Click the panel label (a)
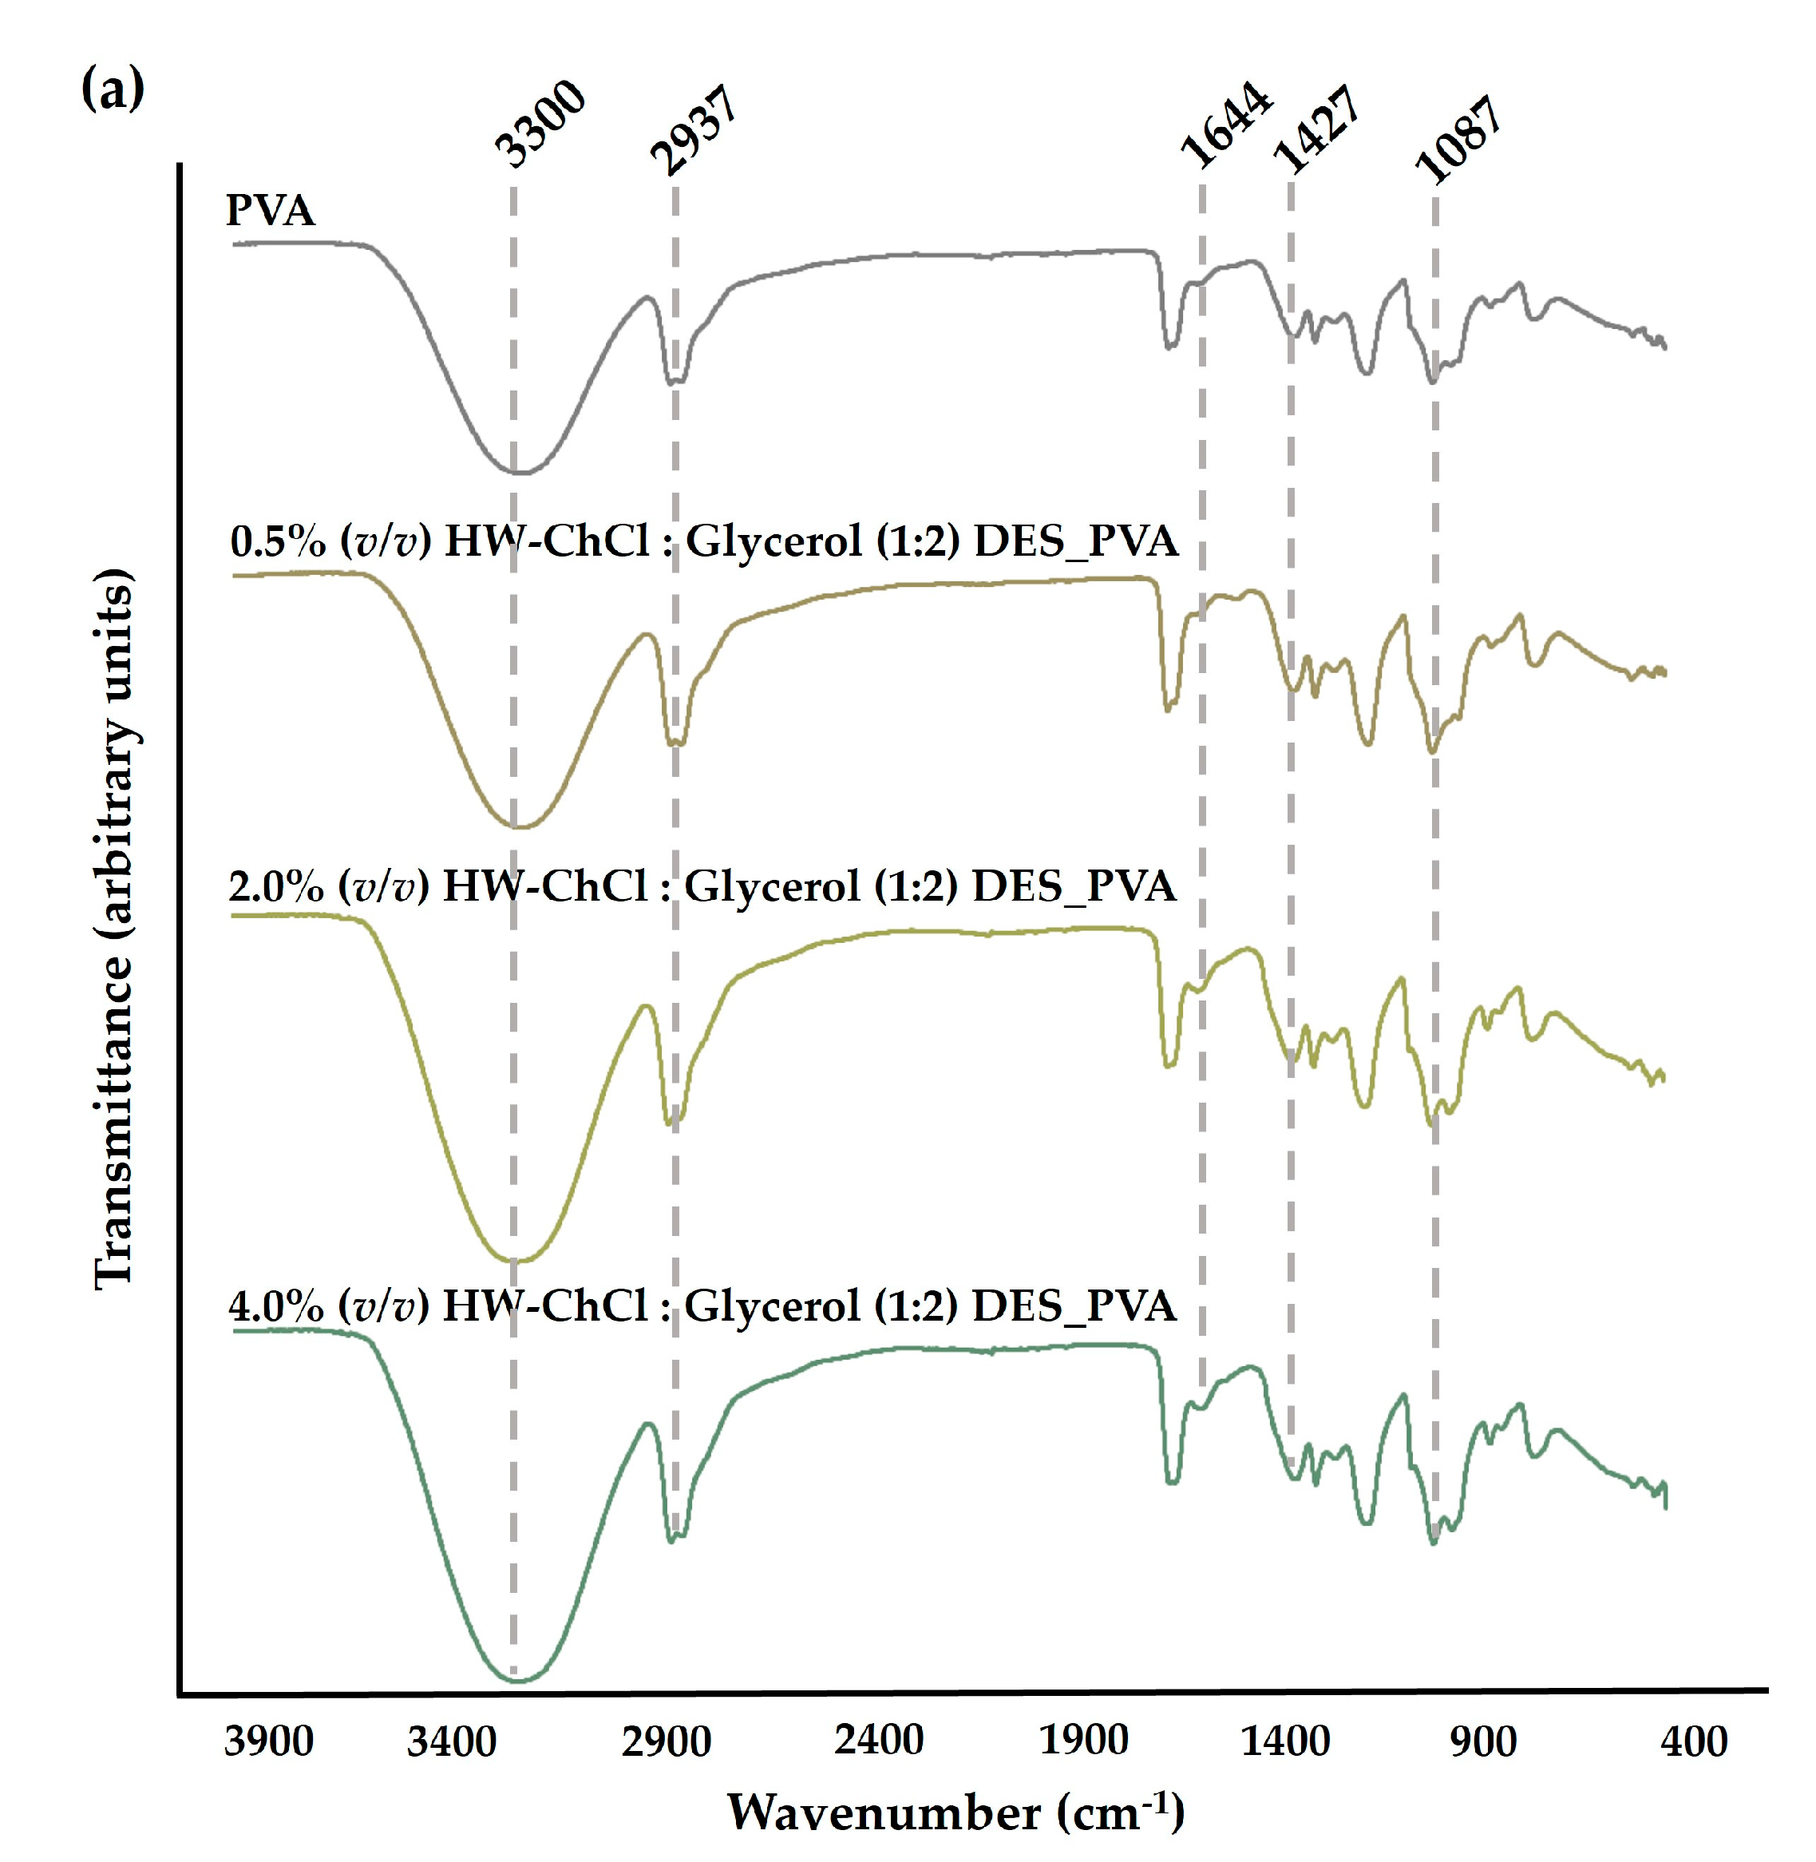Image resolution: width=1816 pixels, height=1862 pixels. pos(113,89)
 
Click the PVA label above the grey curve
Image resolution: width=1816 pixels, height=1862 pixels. pos(270,210)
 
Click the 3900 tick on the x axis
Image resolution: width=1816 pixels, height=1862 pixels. pos(269,1741)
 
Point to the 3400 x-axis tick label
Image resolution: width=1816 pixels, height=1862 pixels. pos(451,1741)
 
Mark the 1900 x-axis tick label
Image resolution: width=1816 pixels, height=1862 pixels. pos(1083,1741)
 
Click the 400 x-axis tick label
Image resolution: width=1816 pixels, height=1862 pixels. pos(1694,1741)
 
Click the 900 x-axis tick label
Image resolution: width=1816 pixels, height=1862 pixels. pos(1483,1741)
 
